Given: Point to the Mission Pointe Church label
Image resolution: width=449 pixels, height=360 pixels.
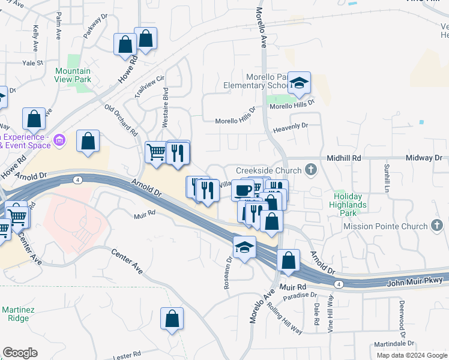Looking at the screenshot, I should click(x=384, y=226).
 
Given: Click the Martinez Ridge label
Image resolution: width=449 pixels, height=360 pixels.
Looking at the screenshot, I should click(x=15, y=314).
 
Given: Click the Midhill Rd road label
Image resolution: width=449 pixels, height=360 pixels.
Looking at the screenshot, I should click(x=344, y=158).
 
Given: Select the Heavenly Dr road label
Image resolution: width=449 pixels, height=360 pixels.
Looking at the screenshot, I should click(x=290, y=126).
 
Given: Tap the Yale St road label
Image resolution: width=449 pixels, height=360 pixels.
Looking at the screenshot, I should click(x=33, y=62).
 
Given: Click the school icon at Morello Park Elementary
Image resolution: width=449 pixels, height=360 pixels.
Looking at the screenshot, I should click(x=299, y=83).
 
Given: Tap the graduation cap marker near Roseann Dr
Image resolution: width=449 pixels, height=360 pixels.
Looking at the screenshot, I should click(x=244, y=247).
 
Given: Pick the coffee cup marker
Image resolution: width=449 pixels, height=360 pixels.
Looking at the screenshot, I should click(x=243, y=190).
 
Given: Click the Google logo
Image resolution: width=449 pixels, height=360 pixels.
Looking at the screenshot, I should click(x=20, y=353).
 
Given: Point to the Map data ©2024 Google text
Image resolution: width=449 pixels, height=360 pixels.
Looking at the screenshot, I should click(x=411, y=355).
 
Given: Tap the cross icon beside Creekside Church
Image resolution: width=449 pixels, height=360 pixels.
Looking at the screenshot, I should click(x=310, y=170).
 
